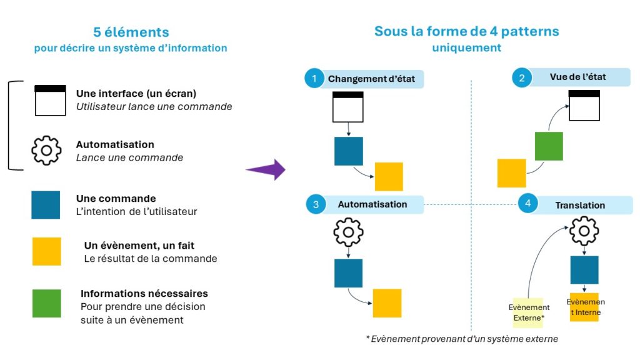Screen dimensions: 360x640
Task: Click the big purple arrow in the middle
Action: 266,169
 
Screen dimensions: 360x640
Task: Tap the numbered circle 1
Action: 315,79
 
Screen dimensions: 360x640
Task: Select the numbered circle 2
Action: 521,77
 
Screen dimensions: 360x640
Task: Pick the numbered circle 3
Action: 316,204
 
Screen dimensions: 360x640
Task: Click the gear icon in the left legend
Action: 46,150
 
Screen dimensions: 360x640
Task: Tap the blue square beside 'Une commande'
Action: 46,205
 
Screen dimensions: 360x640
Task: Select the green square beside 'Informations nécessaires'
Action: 46,303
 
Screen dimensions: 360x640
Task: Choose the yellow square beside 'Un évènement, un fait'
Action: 46,251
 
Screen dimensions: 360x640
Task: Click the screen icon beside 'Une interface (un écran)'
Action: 50,100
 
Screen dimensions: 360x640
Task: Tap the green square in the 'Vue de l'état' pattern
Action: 549,146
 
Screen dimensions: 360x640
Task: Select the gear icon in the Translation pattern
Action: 584,231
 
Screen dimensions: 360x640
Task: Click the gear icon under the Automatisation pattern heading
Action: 348,233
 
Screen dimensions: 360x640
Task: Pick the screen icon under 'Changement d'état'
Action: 347,106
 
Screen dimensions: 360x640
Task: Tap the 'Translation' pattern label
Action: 580,205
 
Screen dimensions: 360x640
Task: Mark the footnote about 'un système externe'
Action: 461,339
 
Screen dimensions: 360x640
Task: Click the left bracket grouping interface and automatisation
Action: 11,125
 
